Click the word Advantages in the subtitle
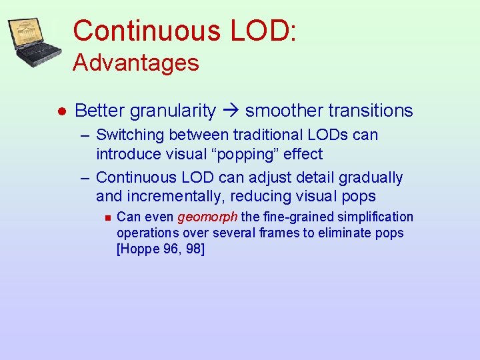point(136,63)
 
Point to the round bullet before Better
point(60,111)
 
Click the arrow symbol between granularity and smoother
point(231,111)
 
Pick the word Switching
point(130,135)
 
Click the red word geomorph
point(207,217)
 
